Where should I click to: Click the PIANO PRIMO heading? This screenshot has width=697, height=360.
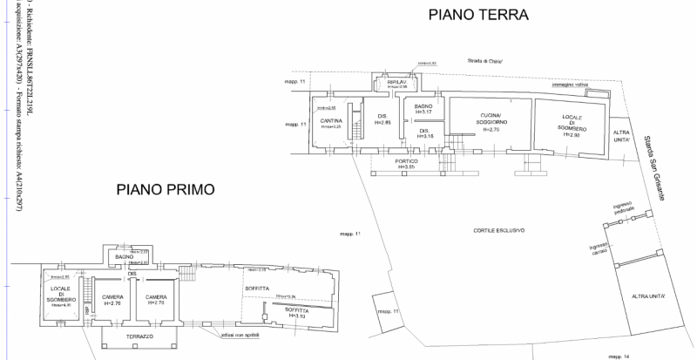pyautogui.click(x=166, y=189)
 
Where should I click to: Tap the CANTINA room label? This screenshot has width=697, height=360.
pyautogui.click(x=330, y=120)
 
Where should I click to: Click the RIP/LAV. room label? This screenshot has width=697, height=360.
pyautogui.click(x=398, y=83)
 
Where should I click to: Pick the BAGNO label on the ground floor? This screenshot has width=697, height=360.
pyautogui.click(x=424, y=106)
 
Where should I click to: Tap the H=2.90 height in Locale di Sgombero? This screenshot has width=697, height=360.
pyautogui.click(x=572, y=135)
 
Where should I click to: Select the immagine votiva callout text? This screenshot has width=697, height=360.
pyautogui.click(x=571, y=85)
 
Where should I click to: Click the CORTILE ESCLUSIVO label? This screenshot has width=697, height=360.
pyautogui.click(x=499, y=229)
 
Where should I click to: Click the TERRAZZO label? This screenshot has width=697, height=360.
pyautogui.click(x=138, y=336)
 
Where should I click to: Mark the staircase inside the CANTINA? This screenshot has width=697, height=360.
pyautogui.click(x=355, y=127)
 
